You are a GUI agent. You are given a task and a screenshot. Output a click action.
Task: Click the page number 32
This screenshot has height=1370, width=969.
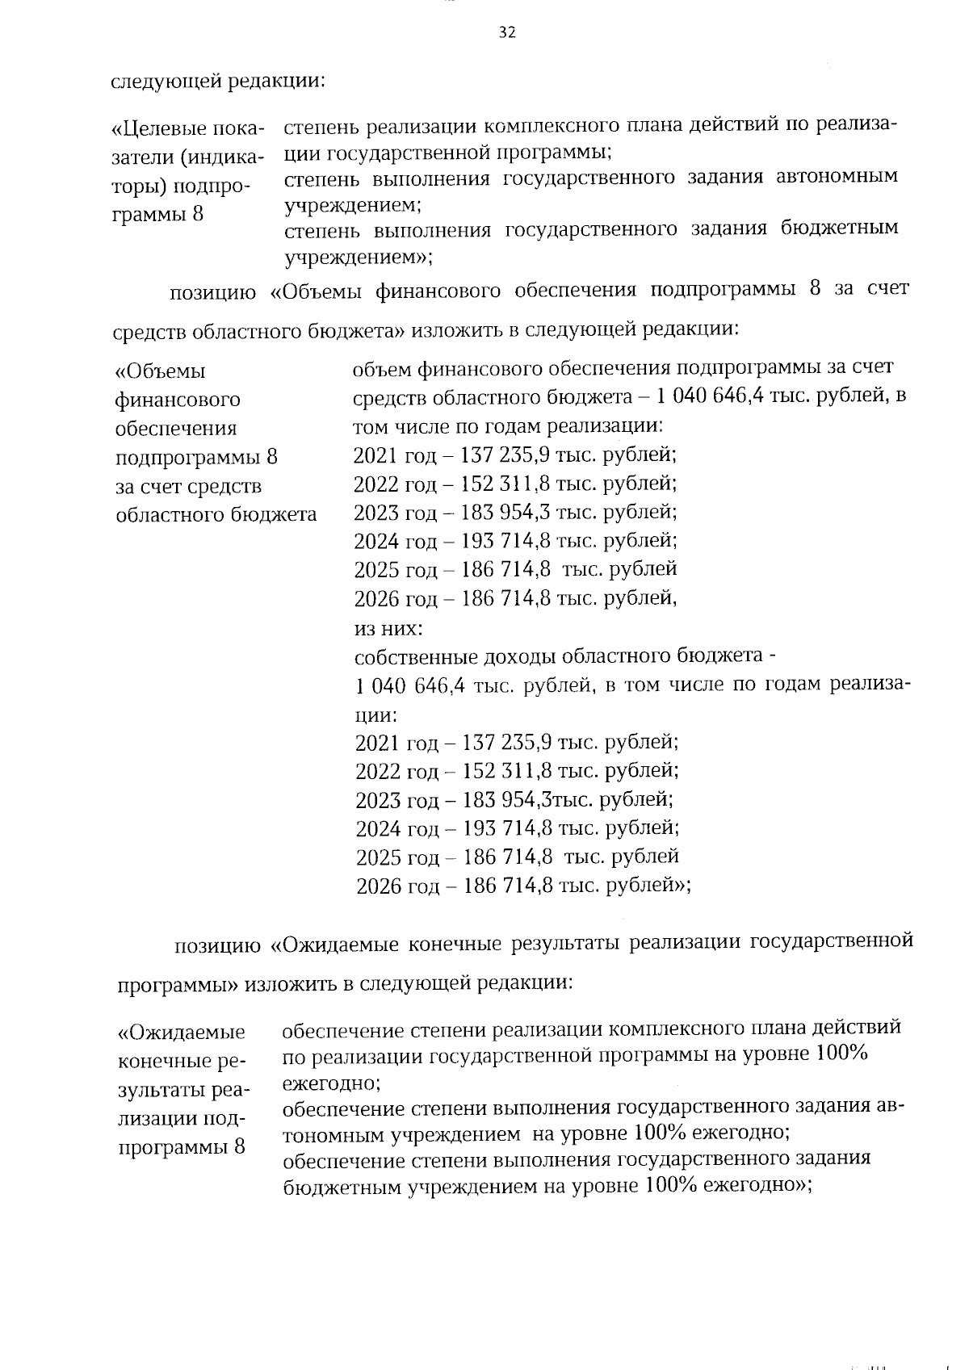tap(507, 32)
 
